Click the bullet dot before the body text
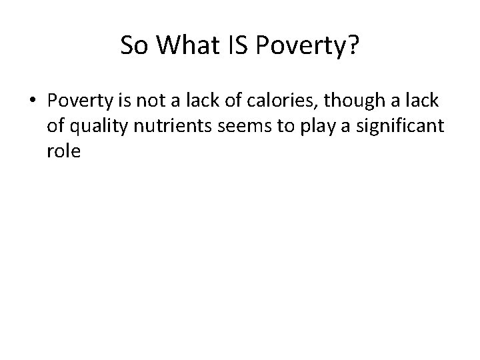33,100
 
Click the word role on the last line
63,151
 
